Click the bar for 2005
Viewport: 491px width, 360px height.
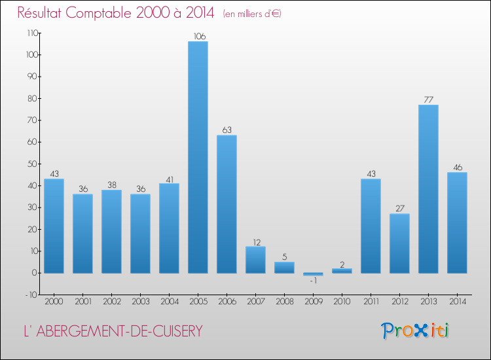198,157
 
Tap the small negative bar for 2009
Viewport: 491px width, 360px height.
313,274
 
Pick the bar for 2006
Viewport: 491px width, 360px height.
227,204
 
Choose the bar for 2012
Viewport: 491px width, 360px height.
399,243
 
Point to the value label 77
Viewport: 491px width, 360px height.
428,99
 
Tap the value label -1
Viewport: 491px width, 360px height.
313,281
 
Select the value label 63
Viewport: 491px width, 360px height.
227,130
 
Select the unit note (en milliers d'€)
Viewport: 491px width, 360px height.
252,14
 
